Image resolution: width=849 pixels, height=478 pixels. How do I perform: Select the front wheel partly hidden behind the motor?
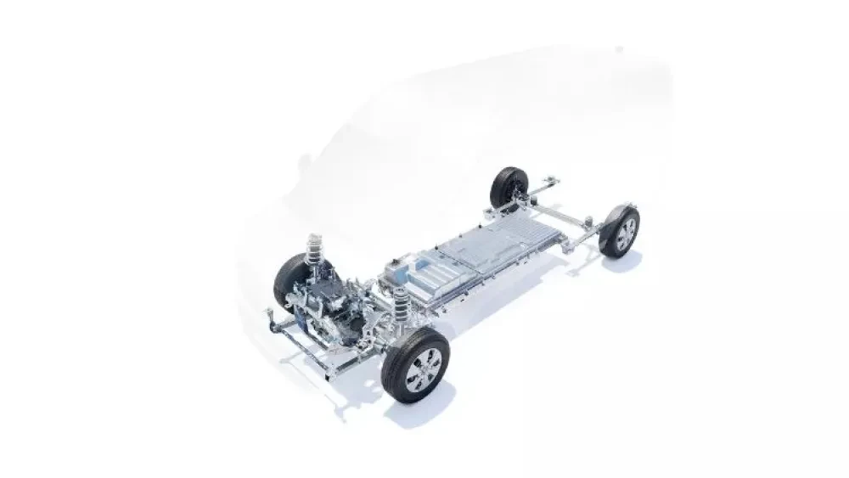click(291, 281)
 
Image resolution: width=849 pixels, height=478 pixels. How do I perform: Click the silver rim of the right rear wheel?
click(626, 231)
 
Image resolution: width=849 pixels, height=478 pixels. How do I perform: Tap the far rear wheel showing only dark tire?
click(509, 187)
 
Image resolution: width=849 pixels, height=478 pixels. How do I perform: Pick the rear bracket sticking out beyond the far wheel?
click(552, 180)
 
